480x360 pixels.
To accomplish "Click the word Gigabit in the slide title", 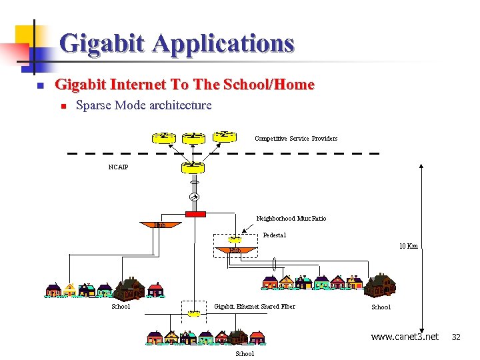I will pos(103,43).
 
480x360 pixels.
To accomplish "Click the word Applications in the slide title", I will pos(223,43).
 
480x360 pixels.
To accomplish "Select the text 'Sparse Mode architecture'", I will pos(144,105).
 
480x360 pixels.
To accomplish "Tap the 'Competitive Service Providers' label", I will pos(296,139).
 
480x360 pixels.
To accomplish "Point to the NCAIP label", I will pos(118,167).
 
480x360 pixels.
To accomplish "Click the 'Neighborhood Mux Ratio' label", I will pos(291,218).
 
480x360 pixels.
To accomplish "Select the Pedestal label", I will pos(274,235).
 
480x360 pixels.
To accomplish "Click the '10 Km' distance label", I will pos(408,246).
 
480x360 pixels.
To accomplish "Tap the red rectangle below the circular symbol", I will pos(195,214).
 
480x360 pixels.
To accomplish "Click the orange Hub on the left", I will pos(160,225).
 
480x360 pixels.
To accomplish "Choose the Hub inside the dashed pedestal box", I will pos(235,251).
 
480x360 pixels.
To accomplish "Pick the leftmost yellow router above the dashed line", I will pos(163,137).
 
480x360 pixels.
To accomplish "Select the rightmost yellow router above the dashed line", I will pos(225,137).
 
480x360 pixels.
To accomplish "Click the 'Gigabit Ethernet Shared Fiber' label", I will pos(254,307).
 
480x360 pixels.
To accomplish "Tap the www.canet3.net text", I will pos(405,337).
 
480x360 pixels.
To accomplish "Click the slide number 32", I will pos(456,337).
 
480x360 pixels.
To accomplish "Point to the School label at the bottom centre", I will pos(245,353).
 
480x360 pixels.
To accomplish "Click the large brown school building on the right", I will pos(379,285).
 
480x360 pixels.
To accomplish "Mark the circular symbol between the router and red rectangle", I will pos(195,197).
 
